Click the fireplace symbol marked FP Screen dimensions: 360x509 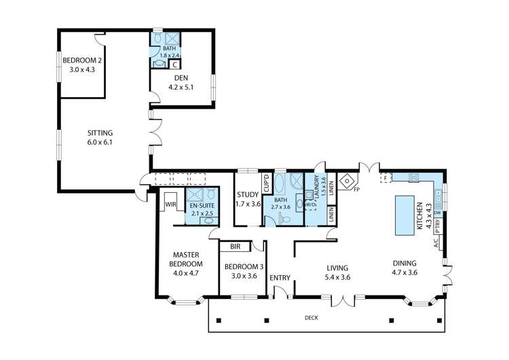(x=347, y=182)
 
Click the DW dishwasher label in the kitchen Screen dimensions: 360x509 (x=438, y=213)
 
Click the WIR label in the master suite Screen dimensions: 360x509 (x=170, y=202)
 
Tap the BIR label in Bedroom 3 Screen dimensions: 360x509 (x=235, y=247)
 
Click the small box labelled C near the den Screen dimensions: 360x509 (x=174, y=65)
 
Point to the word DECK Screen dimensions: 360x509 (x=311, y=317)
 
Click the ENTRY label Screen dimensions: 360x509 (x=280, y=278)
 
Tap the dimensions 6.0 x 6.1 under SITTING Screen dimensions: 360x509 (x=100, y=142)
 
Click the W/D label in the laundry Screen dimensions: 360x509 (x=309, y=204)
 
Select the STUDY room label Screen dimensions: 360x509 (x=248, y=194)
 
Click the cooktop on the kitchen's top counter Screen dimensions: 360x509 (x=414, y=178)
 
